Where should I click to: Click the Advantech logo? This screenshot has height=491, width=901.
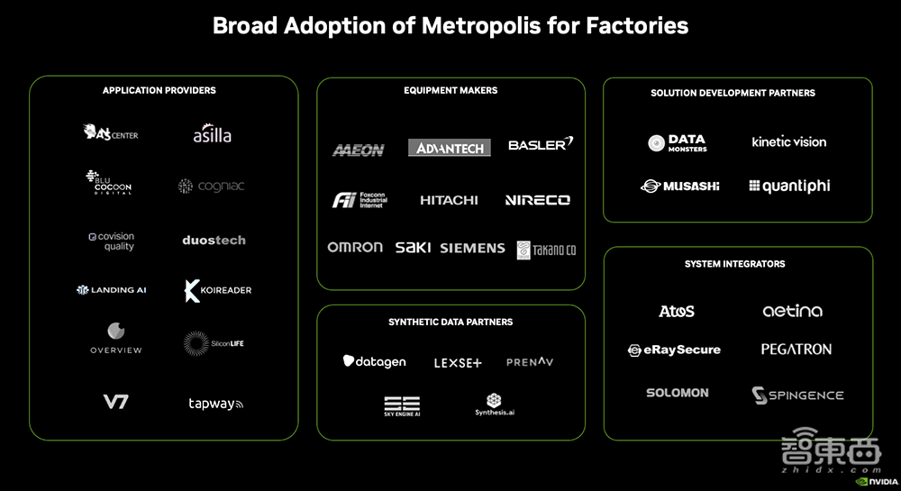point(450,148)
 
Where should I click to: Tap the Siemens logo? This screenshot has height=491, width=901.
point(472,248)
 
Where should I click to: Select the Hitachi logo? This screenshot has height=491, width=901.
point(449,200)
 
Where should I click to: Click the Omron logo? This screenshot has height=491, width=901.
point(355,247)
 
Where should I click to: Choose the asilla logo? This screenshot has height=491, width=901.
point(213,135)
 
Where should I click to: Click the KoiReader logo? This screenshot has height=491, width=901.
point(217,290)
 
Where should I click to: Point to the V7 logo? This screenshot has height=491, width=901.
point(115,402)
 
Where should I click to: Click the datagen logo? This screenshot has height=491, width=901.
point(374,362)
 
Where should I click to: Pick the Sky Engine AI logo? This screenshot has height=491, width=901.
point(402,405)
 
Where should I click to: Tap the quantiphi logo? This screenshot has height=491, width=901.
point(789,186)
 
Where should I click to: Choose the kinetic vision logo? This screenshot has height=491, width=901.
point(788,141)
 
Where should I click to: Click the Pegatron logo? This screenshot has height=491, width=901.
point(796,350)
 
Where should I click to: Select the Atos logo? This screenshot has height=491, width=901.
point(677,312)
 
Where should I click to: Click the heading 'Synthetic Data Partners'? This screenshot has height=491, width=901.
point(450,322)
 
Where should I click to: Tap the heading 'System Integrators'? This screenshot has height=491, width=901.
point(734,264)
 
